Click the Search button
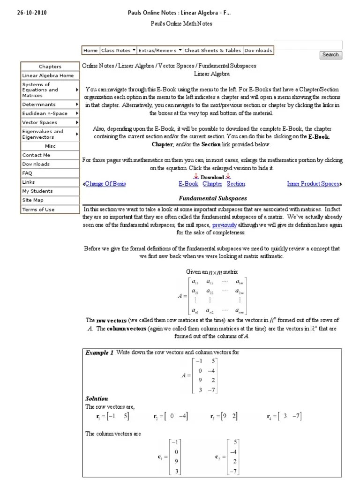[x=330, y=55]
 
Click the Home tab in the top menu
[x=90, y=51]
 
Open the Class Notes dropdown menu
[x=118, y=51]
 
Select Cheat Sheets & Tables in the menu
[x=212, y=51]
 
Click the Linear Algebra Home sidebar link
[x=48, y=75]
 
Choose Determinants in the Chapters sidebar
[x=39, y=105]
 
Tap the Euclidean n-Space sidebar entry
[x=45, y=113]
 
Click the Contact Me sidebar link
[x=36, y=155]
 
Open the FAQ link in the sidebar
[x=27, y=173]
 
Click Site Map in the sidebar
[x=33, y=200]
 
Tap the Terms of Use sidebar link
[x=38, y=210]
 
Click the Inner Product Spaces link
[x=313, y=184]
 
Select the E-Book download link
[x=188, y=184]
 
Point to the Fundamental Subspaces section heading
[x=213, y=199]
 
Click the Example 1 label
[x=99, y=353]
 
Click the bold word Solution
[x=97, y=398]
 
